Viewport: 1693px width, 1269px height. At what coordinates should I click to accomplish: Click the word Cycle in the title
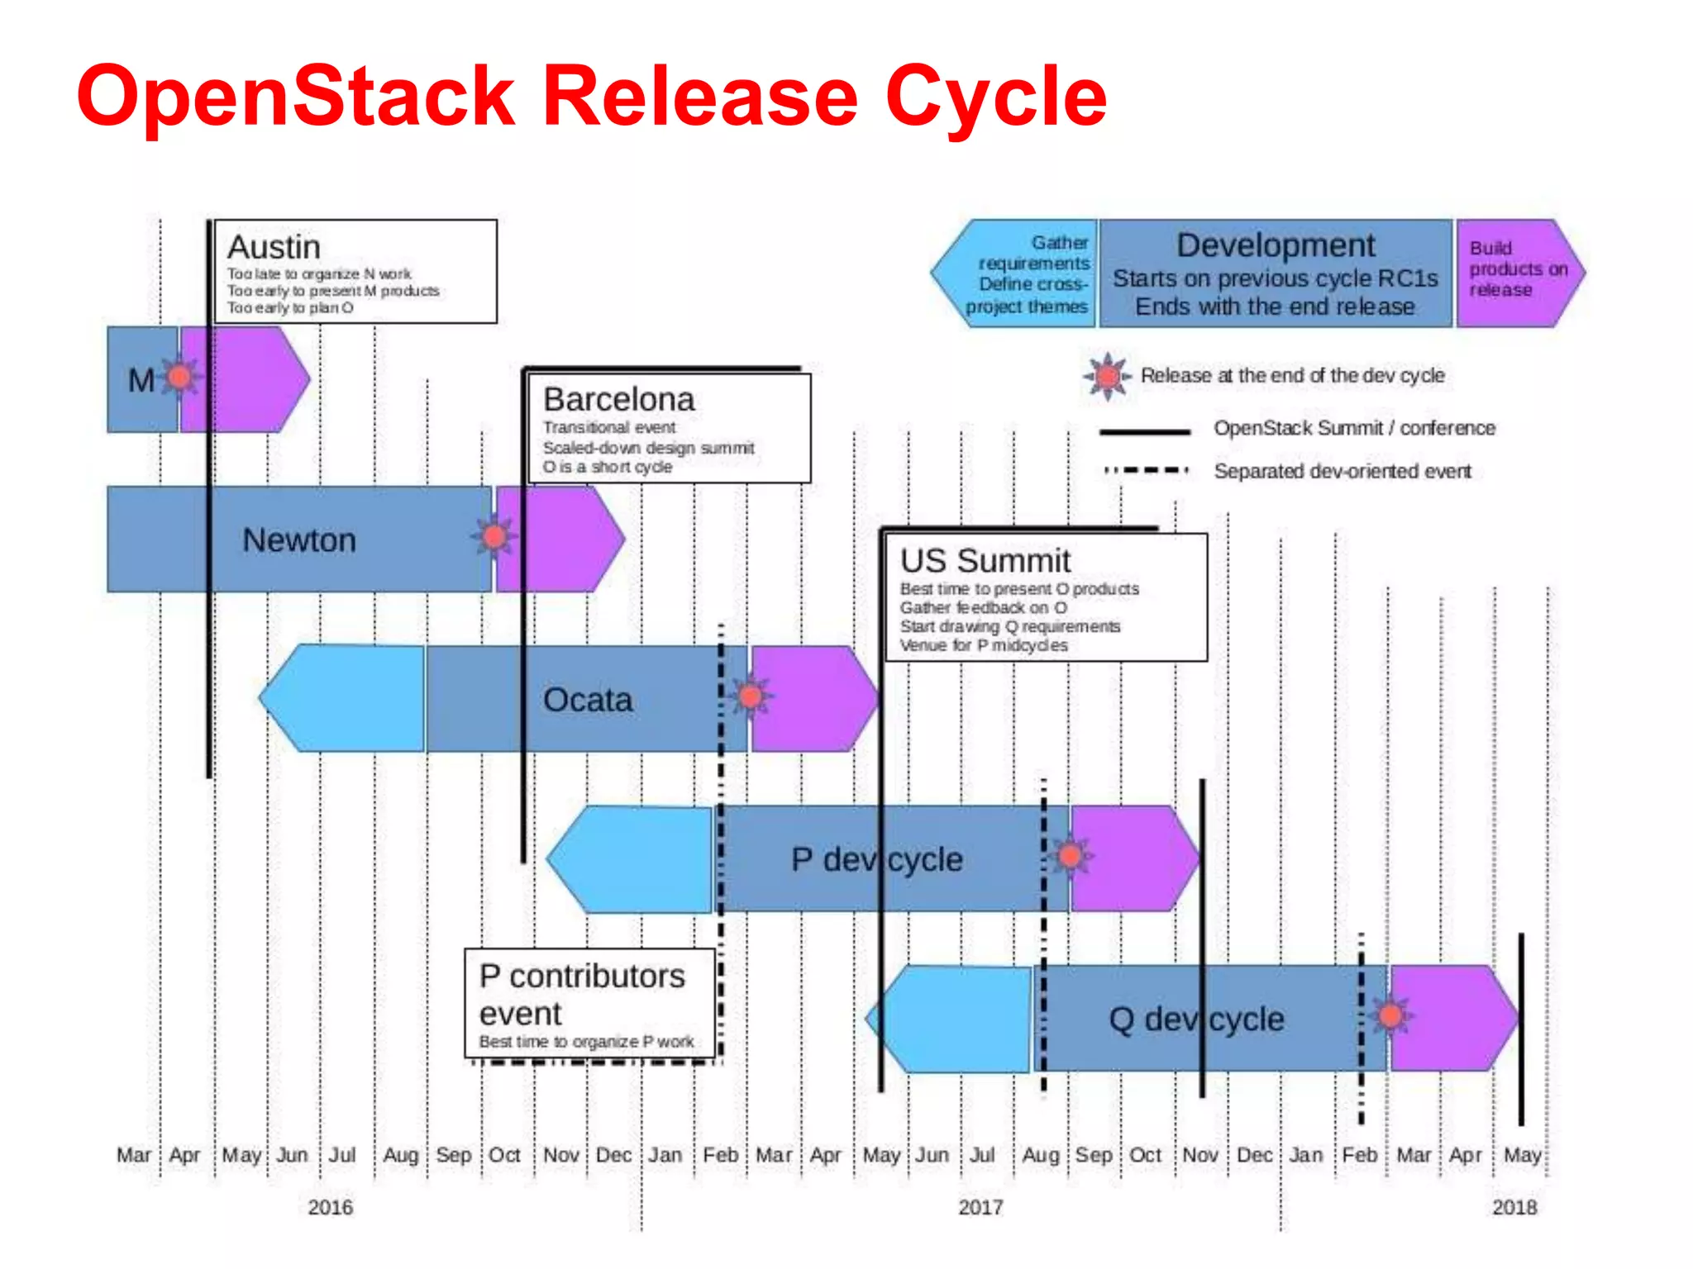click(995, 97)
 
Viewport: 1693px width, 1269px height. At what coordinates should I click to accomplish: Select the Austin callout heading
click(274, 247)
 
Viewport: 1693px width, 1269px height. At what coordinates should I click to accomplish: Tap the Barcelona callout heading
click(618, 399)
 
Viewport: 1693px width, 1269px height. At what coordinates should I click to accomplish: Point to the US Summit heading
click(985, 560)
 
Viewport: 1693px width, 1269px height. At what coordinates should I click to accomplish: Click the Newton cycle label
click(299, 540)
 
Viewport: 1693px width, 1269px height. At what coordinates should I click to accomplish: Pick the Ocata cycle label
click(588, 700)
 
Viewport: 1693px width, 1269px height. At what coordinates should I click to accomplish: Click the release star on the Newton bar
click(494, 537)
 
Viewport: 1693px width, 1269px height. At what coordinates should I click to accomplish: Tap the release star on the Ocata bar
click(751, 696)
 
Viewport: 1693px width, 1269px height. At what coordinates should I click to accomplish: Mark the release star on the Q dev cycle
click(1390, 1015)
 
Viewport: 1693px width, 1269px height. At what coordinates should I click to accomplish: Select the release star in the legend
click(1108, 376)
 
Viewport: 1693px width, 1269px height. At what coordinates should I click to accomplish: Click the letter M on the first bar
click(141, 380)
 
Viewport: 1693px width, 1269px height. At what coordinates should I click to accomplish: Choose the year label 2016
click(330, 1207)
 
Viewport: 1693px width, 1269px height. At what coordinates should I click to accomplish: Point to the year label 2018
click(1514, 1207)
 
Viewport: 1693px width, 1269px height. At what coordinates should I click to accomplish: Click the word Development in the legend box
click(1276, 245)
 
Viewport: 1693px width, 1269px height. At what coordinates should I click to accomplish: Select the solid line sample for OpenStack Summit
click(1144, 431)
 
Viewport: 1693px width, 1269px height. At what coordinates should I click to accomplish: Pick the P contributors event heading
click(581, 994)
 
